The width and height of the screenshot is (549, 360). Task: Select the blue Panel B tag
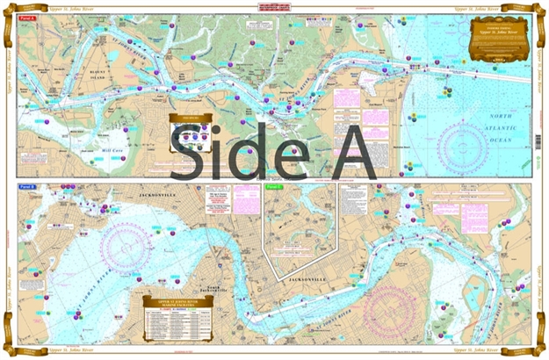(26, 187)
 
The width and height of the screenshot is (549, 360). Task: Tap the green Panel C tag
(273, 187)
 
